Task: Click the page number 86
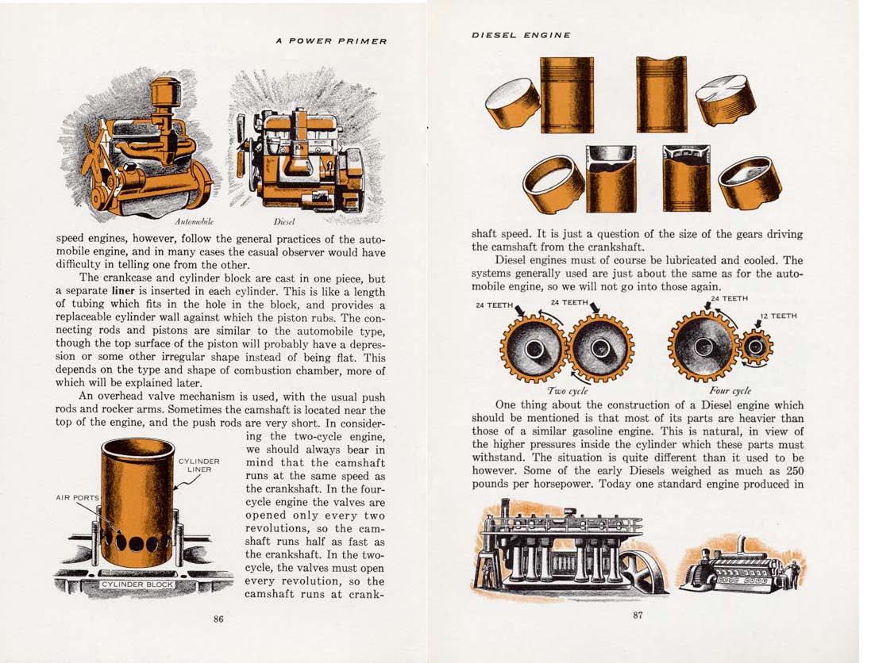tap(218, 619)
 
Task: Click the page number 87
tap(638, 619)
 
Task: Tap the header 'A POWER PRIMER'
tap(331, 41)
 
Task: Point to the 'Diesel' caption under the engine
tap(283, 221)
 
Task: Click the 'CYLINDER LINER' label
tap(198, 465)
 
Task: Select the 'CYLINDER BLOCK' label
tap(137, 584)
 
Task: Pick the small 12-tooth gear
tap(756, 347)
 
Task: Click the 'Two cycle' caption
tap(566, 391)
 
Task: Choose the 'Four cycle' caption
tap(729, 391)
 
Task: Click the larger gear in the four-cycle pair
tap(703, 346)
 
